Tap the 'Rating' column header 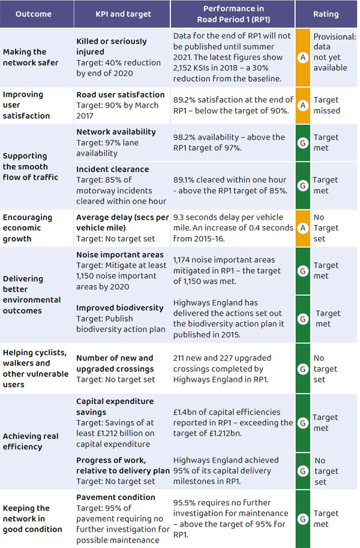(x=326, y=14)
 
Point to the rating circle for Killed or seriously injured (x=303, y=58)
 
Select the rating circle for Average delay (x=303, y=228)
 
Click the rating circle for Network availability (x=303, y=142)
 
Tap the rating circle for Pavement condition (x=303, y=519)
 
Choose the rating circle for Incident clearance (x=303, y=185)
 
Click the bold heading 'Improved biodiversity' (x=119, y=308)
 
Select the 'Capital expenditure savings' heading (x=115, y=406)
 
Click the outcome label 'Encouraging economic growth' (x=28, y=228)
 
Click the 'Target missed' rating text (x=326, y=105)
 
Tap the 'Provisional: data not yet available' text (x=334, y=52)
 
